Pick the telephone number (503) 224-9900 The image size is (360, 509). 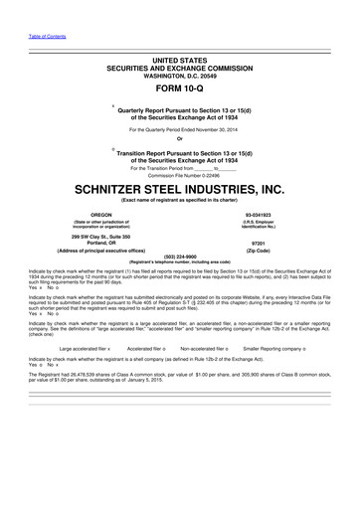click(x=180, y=254)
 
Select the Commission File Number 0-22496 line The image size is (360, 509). click(x=180, y=175)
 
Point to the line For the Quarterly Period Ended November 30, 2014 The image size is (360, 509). click(x=180, y=129)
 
